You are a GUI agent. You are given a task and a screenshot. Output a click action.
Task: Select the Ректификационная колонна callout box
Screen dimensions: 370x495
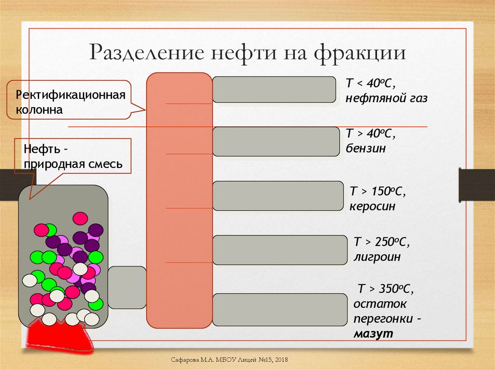(69, 100)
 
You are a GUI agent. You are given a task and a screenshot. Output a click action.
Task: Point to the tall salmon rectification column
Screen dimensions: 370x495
(179, 200)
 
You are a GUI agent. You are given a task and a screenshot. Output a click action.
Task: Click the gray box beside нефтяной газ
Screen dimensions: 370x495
(274, 89)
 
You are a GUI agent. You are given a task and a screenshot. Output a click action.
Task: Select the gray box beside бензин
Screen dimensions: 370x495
(276, 141)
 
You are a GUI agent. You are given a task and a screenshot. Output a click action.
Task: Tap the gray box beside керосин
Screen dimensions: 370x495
(278, 196)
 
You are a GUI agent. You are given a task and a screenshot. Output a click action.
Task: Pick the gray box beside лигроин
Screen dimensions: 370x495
(280, 250)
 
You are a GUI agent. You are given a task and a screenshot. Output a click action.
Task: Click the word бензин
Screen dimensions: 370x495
(365, 148)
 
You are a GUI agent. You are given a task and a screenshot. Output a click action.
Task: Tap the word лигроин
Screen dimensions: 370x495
(378, 257)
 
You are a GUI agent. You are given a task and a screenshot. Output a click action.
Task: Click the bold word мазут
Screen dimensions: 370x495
(373, 334)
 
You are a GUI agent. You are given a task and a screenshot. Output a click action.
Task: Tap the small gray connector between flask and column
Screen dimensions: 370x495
(127, 287)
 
